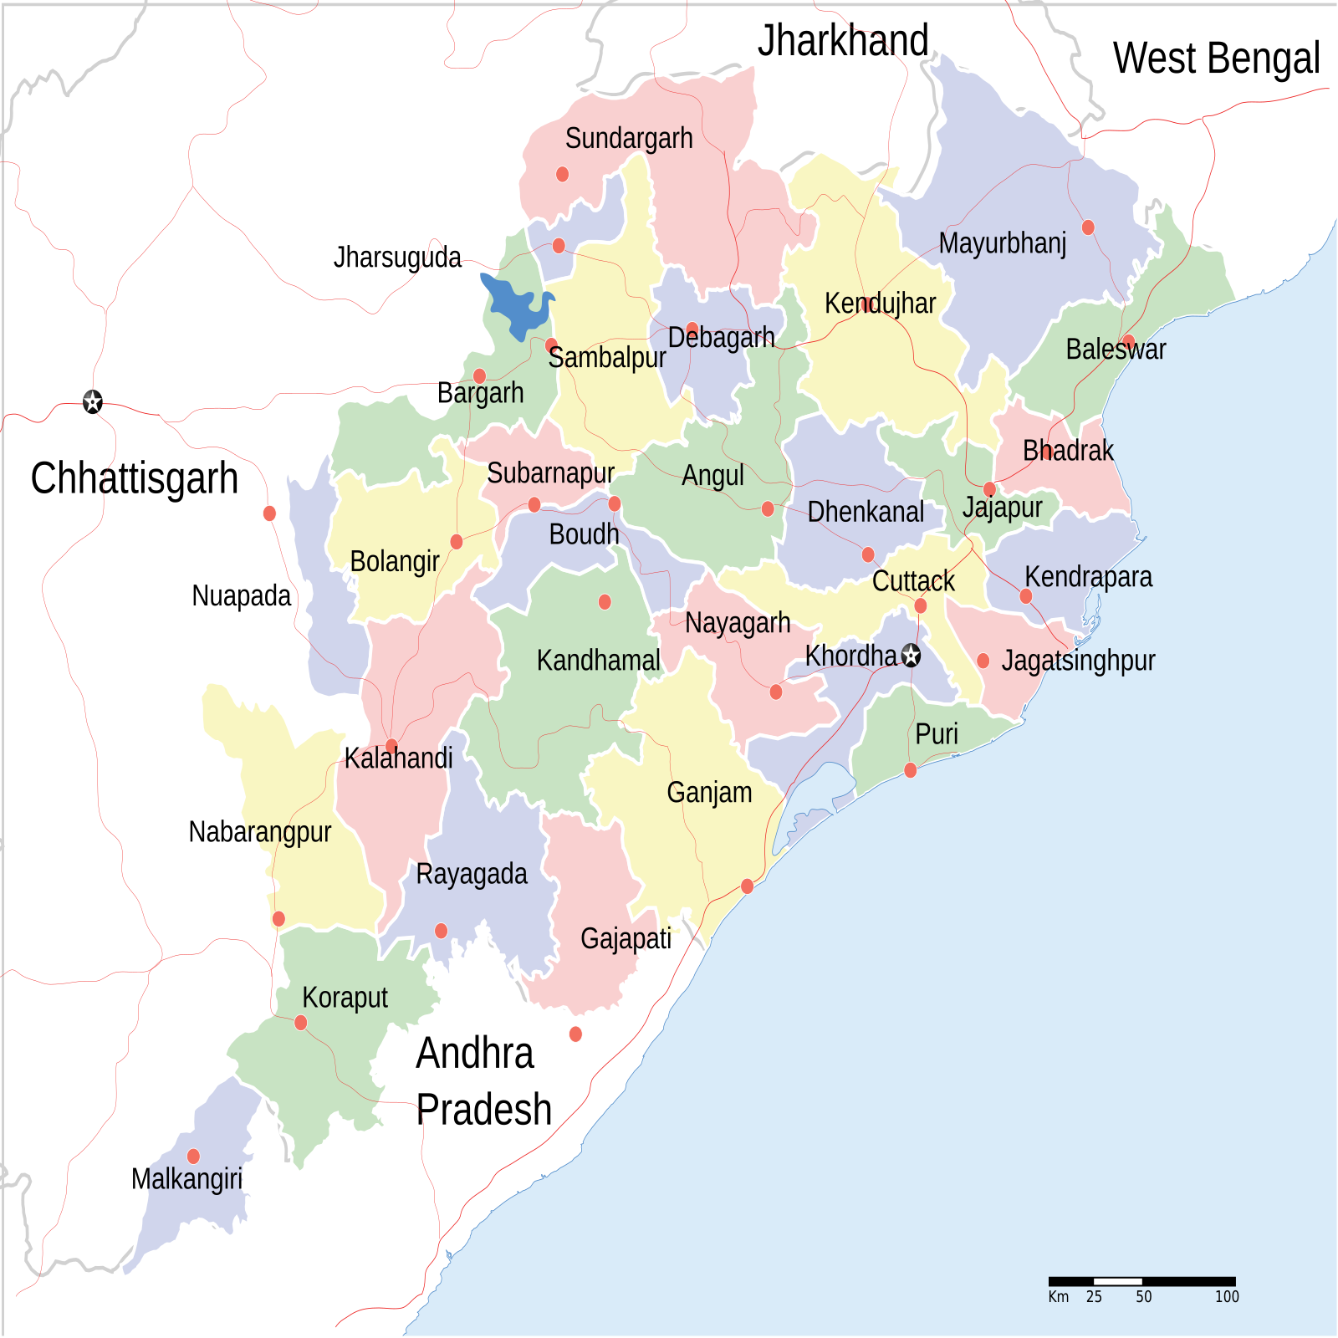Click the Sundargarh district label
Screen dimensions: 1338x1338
(x=629, y=139)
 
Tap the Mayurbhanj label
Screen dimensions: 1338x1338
(x=1002, y=244)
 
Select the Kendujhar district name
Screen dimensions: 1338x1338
(x=880, y=304)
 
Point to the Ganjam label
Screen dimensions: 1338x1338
(x=709, y=793)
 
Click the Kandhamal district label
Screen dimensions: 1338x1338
(x=598, y=661)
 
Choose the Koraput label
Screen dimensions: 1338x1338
(x=345, y=998)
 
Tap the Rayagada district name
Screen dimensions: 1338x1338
(x=472, y=875)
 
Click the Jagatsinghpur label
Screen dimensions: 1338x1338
(x=1078, y=661)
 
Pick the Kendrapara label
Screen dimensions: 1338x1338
(x=1088, y=577)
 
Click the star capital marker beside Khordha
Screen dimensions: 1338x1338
(x=912, y=656)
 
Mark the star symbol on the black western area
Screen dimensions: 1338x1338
(x=93, y=402)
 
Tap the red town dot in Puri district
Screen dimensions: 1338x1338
(x=911, y=770)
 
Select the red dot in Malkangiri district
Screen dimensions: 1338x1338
(x=193, y=1157)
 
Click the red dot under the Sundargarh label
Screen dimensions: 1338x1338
(x=563, y=174)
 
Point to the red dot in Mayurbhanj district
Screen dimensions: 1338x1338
(x=1088, y=227)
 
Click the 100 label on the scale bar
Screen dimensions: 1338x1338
(x=1227, y=1297)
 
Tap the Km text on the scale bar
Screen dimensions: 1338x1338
(x=1059, y=1297)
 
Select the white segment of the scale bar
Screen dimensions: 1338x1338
(x=1118, y=1281)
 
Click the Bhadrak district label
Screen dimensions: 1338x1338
(x=1068, y=452)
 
